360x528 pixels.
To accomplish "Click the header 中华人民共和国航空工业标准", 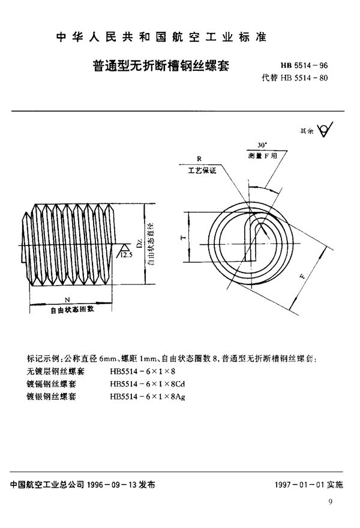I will tap(161, 37).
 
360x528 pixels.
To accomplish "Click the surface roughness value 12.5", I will tap(127, 255).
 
